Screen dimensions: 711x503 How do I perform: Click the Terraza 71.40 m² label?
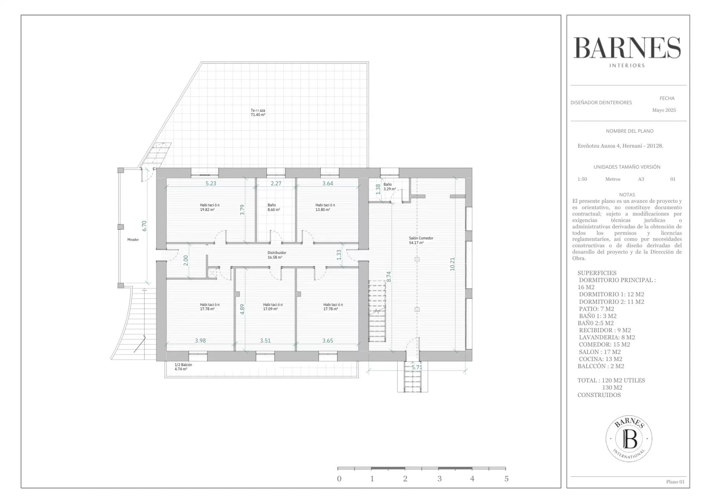coord(258,112)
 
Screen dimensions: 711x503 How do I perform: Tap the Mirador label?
coord(133,240)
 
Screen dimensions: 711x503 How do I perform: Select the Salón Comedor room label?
coord(421,241)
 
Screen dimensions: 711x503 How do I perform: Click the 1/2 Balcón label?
coord(183,367)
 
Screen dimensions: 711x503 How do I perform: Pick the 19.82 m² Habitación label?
coord(210,207)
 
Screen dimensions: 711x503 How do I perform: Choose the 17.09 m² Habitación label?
coord(273,307)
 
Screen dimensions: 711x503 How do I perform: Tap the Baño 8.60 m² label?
coord(274,207)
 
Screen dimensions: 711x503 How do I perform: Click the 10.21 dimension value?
coord(452,264)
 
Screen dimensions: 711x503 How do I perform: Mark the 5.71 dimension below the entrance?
coord(417,367)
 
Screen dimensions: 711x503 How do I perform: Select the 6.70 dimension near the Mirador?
coord(144,226)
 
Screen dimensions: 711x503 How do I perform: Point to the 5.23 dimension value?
coord(211,183)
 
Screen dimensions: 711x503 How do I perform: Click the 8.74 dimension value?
coord(388,277)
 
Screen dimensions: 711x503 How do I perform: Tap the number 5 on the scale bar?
coord(506,479)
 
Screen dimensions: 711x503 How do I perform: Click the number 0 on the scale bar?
coord(339,479)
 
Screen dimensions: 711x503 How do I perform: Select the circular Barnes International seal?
coord(629,439)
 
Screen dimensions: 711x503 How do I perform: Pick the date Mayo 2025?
coord(664,110)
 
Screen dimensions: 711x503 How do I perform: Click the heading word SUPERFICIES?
coord(597,273)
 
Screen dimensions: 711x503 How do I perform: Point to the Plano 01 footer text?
coord(675,482)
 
